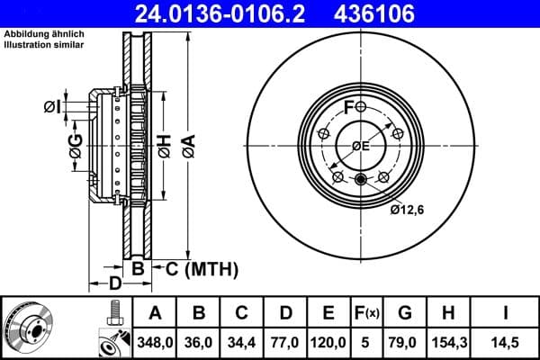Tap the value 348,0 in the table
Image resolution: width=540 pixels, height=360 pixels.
pyautogui.click(x=156, y=342)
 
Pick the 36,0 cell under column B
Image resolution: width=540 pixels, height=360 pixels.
pyautogui.click(x=199, y=342)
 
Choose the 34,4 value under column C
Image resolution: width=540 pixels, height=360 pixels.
pyautogui.click(x=242, y=342)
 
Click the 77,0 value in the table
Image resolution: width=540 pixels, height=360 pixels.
pyautogui.click(x=285, y=342)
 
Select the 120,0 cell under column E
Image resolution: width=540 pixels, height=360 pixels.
pyautogui.click(x=328, y=342)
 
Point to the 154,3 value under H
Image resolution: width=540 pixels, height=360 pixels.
pyautogui.click(x=447, y=342)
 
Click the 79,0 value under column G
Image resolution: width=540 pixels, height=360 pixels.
pyautogui.click(x=404, y=342)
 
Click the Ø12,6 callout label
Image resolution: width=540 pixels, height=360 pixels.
pyautogui.click(x=408, y=211)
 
